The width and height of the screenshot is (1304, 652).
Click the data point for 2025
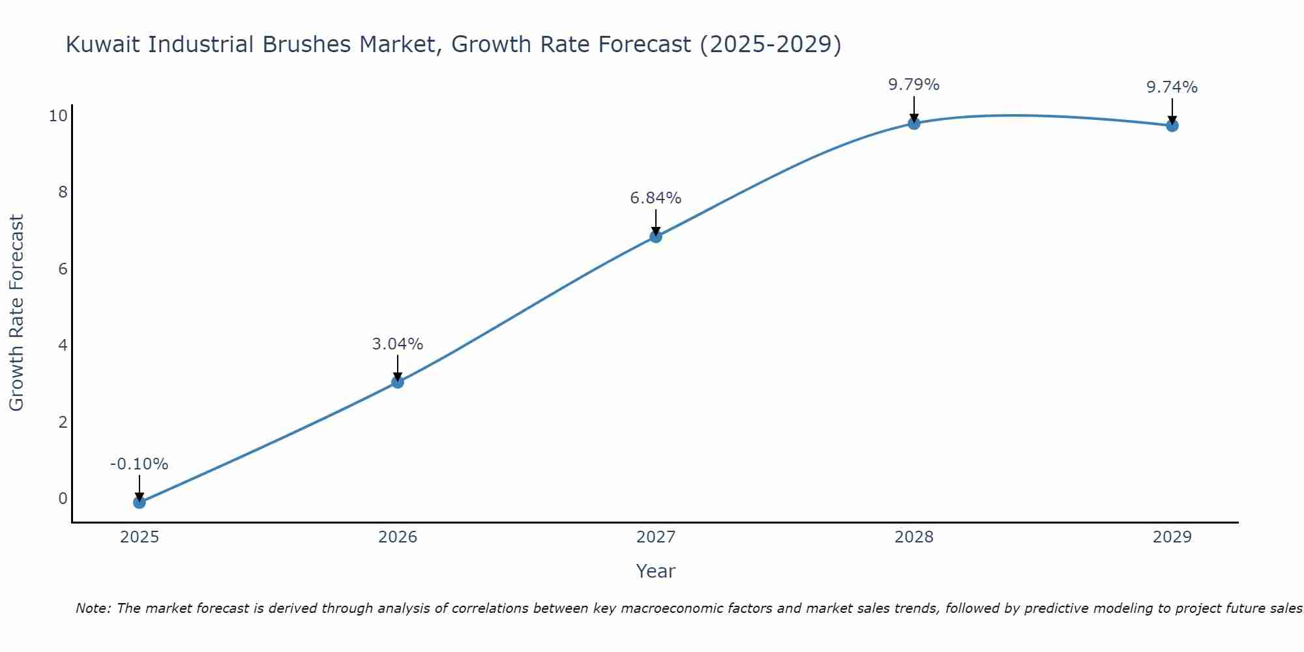point(139,502)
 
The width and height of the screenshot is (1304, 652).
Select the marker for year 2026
point(397,382)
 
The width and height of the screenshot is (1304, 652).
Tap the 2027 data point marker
point(655,236)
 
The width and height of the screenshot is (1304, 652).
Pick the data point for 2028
point(913,123)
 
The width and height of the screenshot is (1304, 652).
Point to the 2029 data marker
point(1172,125)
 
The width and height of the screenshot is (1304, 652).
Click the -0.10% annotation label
point(139,464)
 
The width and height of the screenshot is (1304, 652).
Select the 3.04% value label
point(397,344)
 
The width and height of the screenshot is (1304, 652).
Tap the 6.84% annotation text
point(655,198)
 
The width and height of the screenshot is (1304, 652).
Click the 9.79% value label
point(913,85)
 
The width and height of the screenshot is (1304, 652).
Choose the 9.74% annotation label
point(1172,87)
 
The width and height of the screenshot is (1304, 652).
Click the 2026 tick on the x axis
point(397,537)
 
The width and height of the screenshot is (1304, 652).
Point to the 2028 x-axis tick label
point(913,537)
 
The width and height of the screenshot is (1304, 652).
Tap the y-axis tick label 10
point(58,116)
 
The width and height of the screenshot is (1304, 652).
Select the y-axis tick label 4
point(63,345)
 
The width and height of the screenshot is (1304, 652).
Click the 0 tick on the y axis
point(63,499)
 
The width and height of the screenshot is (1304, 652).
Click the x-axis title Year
point(655,571)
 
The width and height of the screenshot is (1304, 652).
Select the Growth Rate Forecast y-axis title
point(16,313)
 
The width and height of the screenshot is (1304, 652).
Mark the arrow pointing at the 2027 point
point(655,222)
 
